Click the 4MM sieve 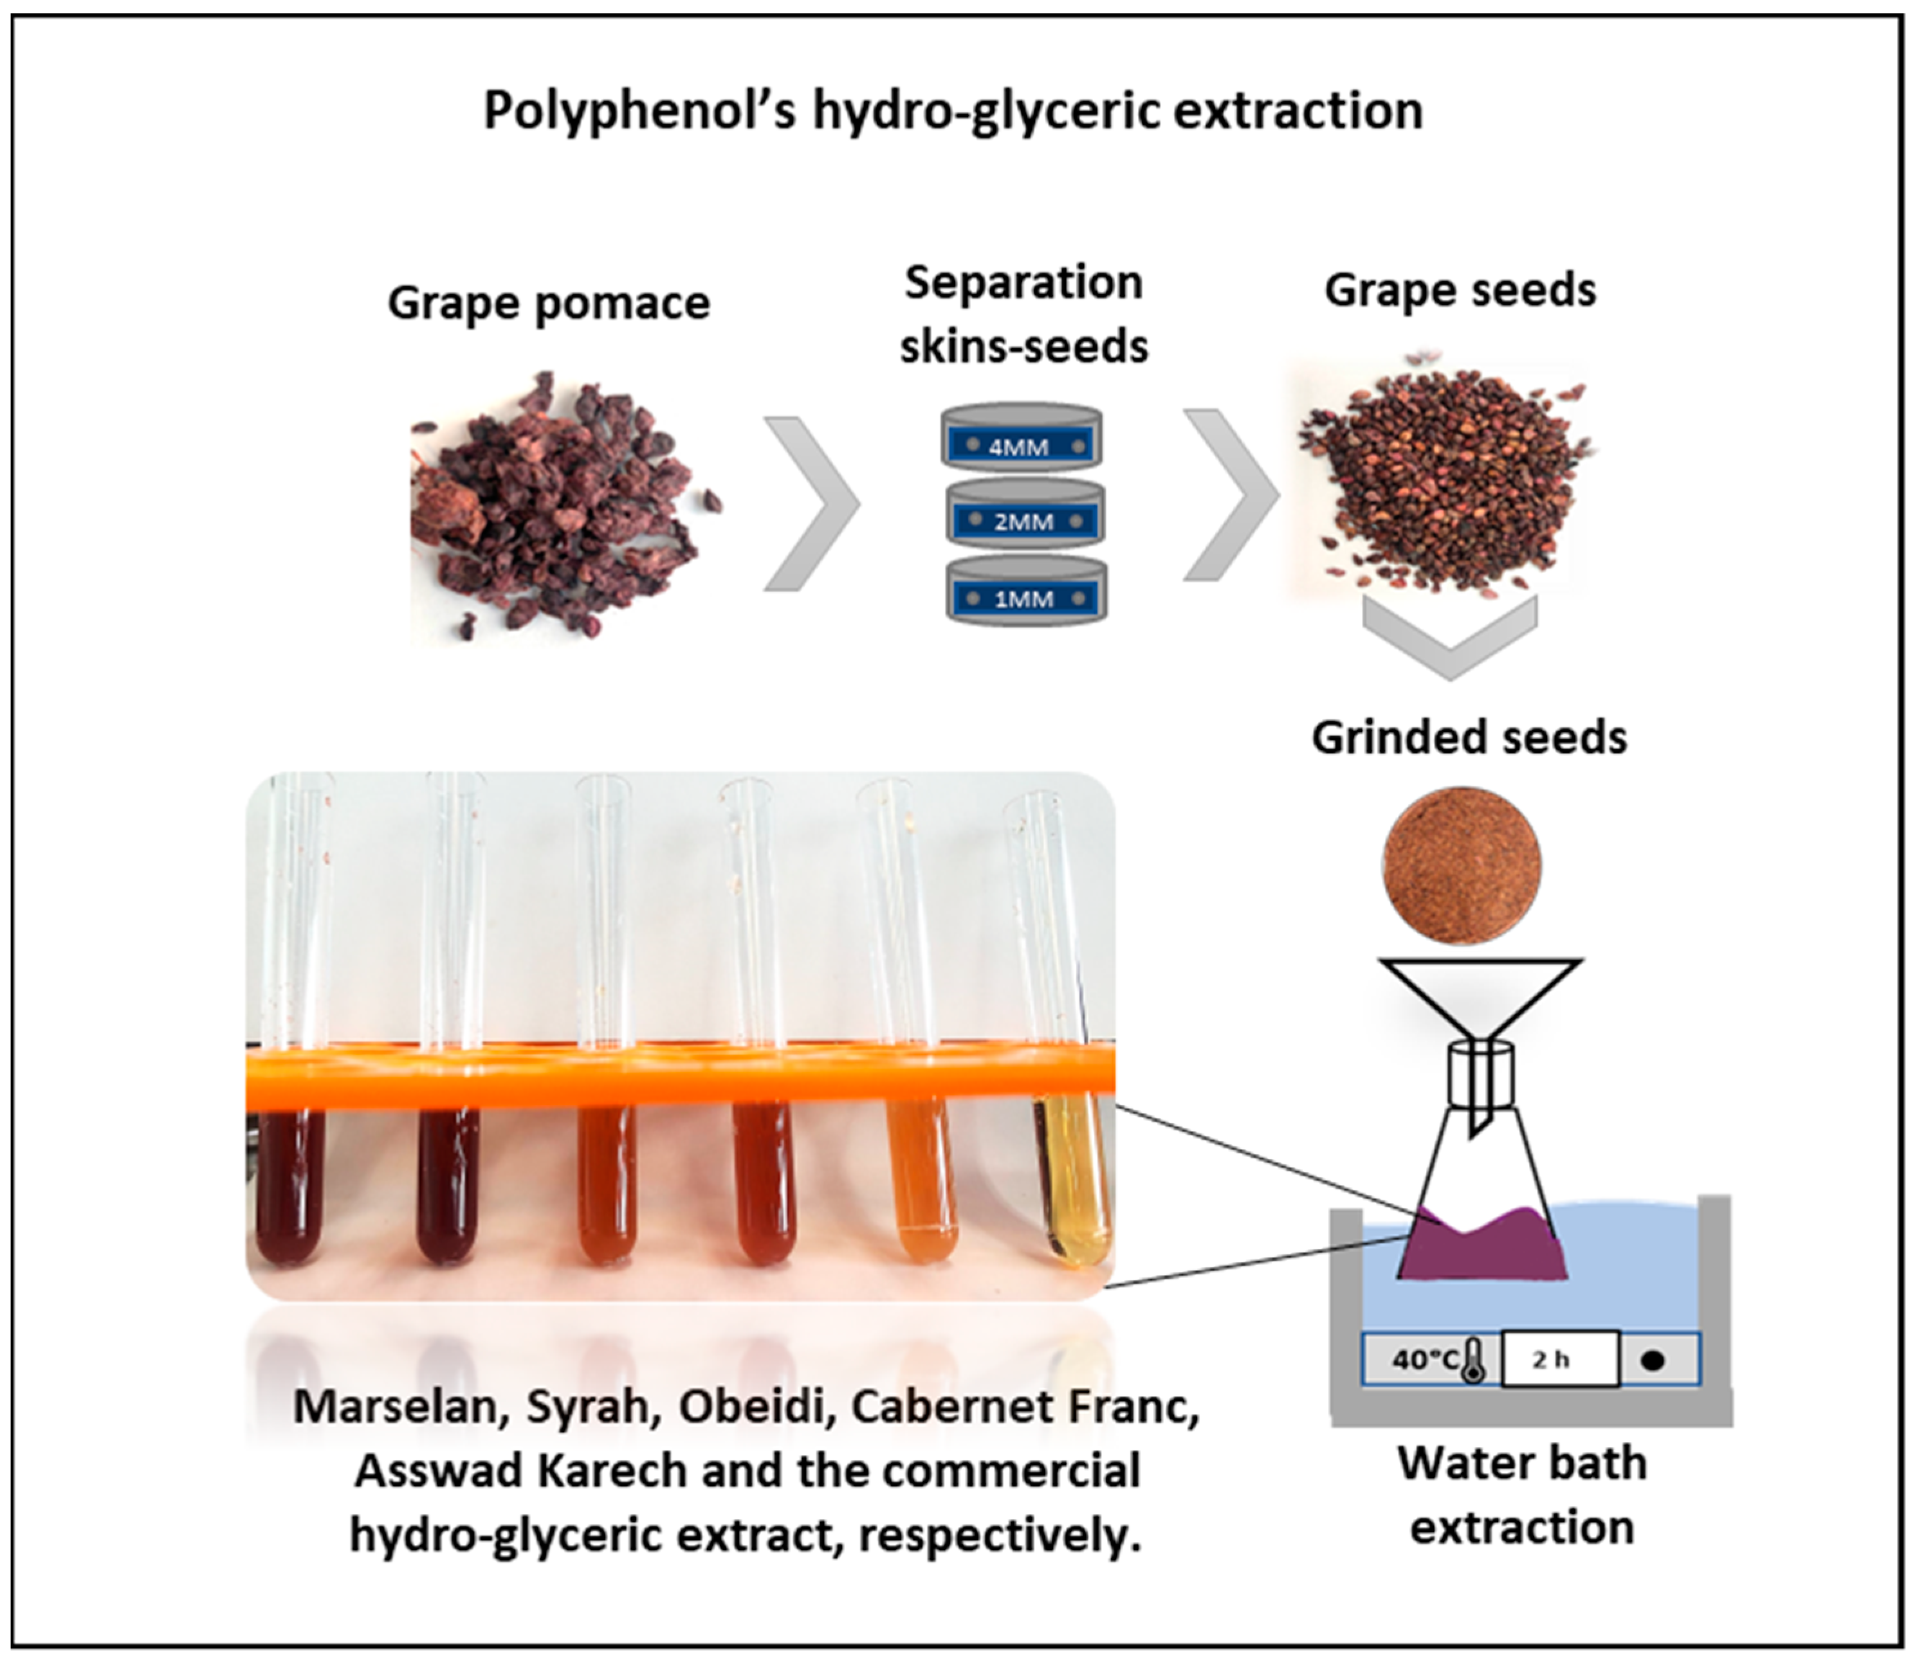[1022, 438]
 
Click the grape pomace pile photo [556, 505]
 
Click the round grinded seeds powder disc [1462, 865]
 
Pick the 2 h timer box [1559, 1360]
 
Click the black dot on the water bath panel [1653, 1360]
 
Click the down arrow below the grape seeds [1450, 635]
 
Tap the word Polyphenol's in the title [640, 111]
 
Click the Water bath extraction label [1522, 1495]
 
